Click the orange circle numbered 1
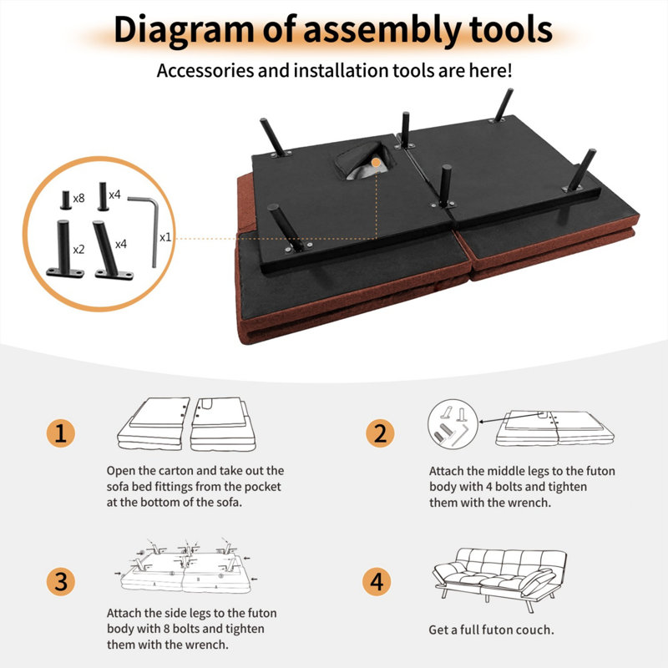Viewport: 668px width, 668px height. click(x=60, y=433)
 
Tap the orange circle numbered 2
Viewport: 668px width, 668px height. click(x=380, y=433)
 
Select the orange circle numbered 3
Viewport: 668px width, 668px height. click(x=60, y=581)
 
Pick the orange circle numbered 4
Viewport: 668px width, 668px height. click(x=377, y=581)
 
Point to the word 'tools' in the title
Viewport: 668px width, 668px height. click(x=511, y=29)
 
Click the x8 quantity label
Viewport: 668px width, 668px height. click(x=78, y=198)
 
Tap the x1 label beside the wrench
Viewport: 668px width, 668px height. click(x=165, y=237)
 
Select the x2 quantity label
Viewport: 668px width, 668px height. click(x=78, y=249)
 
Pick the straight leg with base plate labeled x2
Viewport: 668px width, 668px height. click(x=64, y=249)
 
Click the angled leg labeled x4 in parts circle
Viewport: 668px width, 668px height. click(x=112, y=250)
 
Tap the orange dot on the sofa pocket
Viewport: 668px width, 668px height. click(x=376, y=162)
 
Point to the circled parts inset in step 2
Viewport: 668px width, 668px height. click(x=453, y=424)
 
